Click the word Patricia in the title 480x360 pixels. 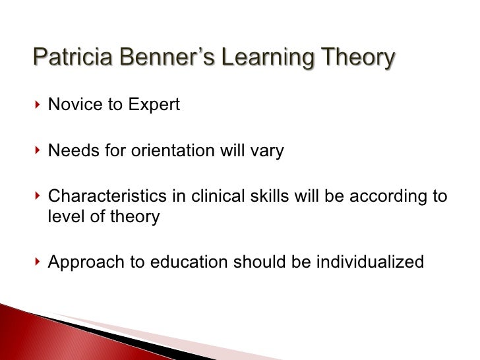[71, 59]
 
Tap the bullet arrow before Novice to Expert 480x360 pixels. [37, 105]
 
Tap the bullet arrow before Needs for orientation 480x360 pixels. [37, 150]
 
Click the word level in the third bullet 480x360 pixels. [63, 216]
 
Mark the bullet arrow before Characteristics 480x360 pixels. [37, 196]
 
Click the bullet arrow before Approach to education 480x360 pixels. [37, 261]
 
